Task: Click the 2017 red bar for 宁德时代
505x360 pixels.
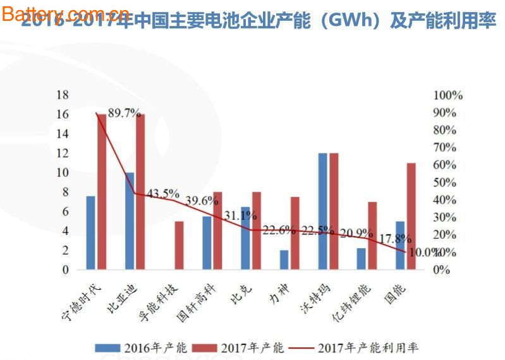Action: point(101,192)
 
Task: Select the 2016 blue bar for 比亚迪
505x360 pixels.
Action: point(130,221)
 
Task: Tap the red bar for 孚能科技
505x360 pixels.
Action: point(179,246)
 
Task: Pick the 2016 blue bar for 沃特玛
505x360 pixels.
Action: point(323,212)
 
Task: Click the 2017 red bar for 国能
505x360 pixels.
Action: point(411,216)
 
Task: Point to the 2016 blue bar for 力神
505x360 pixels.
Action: point(284,260)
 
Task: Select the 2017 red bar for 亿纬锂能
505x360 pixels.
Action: point(372,236)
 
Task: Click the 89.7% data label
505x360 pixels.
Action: point(124,113)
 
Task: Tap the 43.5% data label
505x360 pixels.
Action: point(163,193)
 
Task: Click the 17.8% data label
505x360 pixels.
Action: point(396,239)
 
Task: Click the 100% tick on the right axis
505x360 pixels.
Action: point(448,95)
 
